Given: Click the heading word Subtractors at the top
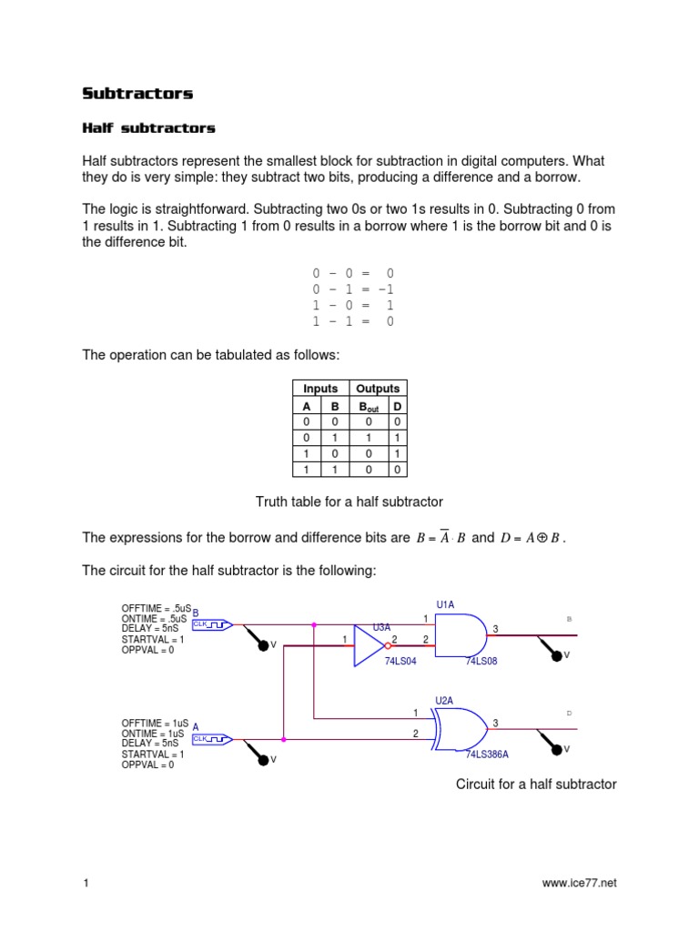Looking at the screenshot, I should click(x=137, y=94).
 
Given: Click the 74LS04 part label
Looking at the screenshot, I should click(x=400, y=662).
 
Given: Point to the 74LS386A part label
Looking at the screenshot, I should click(x=488, y=755).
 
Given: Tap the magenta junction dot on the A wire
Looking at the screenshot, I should click(x=284, y=739).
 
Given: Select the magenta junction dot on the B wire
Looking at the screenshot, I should click(x=314, y=624).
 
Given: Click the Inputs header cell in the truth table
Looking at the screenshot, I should click(x=320, y=389).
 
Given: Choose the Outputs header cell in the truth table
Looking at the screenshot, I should click(x=378, y=389).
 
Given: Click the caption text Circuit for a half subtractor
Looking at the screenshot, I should click(x=536, y=784).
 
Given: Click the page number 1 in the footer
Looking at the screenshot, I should click(x=85, y=883).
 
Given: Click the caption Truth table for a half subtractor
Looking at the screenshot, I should click(x=349, y=501).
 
